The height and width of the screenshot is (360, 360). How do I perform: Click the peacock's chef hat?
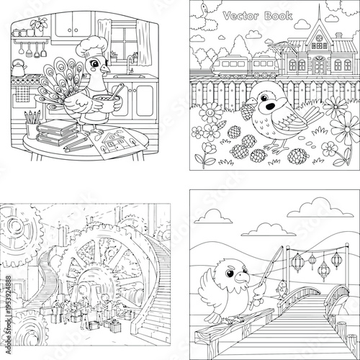tap(91, 47)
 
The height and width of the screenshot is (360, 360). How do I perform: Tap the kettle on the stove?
tap(18, 68)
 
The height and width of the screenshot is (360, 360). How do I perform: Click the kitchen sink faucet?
tap(130, 65)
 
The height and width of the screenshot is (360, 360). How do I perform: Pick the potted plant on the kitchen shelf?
tap(39, 27)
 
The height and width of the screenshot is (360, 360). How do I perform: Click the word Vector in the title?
tap(240, 16)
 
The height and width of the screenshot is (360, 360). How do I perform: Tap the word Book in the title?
tap(279, 16)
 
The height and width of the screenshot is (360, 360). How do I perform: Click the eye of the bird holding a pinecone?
tap(264, 98)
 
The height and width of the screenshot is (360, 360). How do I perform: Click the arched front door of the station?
tap(319, 66)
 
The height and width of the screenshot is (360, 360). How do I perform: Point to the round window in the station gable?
tap(319, 38)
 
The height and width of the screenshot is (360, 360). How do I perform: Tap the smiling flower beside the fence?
tap(211, 112)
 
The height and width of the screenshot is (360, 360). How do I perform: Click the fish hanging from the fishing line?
tap(282, 289)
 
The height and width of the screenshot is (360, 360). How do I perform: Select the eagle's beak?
tap(242, 278)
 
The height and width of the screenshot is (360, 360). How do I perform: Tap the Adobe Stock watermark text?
tap(9, 315)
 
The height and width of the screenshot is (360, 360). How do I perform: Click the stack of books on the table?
tap(58, 133)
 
